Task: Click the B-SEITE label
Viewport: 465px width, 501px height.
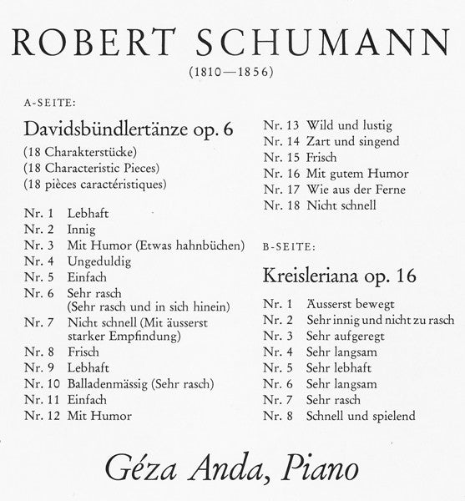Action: tap(289, 247)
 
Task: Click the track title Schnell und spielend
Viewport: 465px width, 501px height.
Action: tap(361, 415)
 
